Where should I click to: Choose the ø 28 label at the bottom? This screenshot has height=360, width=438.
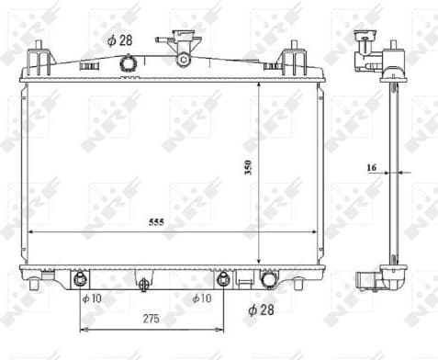coord(263,309)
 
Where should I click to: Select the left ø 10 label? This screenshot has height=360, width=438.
coord(90,298)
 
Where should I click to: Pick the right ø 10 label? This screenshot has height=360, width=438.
coord(201,298)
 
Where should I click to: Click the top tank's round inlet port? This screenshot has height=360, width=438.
coord(128,62)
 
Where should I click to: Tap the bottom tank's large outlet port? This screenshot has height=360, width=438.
coord(270,280)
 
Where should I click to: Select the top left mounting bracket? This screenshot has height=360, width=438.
coord(38,61)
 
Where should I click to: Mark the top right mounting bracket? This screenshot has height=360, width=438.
coord(294,61)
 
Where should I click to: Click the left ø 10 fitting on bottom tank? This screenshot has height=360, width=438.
coord(81,278)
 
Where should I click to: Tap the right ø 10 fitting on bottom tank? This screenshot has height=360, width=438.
coord(222,278)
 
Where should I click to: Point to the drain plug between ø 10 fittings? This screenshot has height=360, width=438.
coord(143,286)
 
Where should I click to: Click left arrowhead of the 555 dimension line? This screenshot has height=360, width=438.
coord(29,231)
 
